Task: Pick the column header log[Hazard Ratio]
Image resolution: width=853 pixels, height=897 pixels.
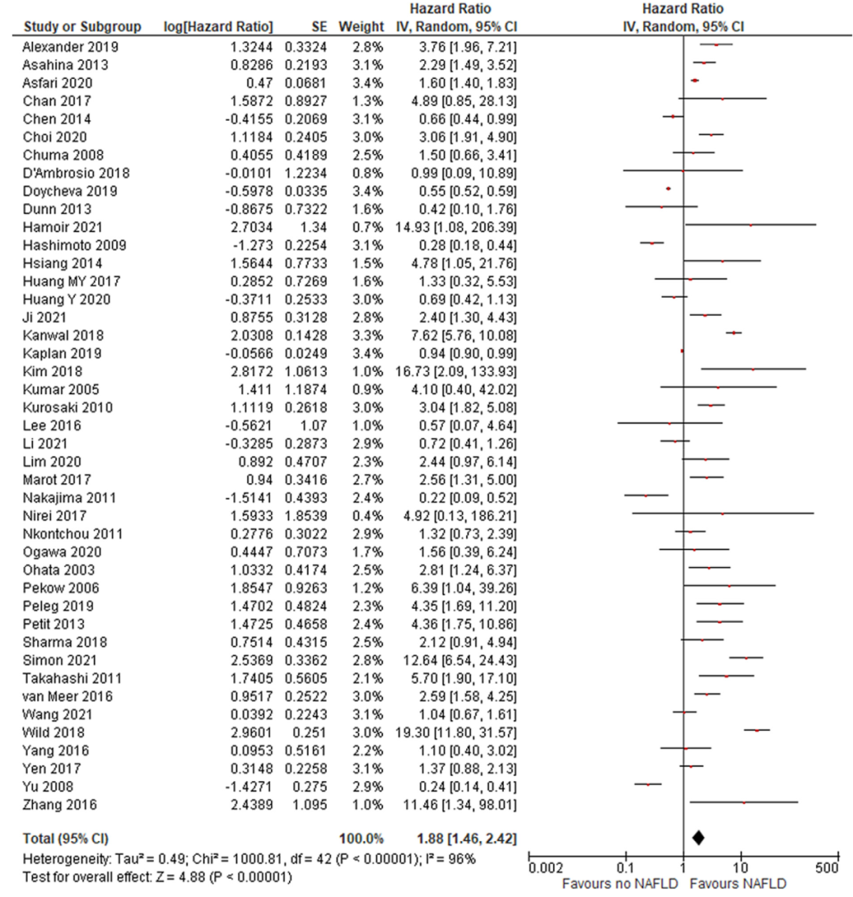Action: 218,28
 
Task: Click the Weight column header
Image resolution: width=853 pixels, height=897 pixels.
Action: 361,28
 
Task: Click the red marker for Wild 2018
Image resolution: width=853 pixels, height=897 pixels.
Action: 757,730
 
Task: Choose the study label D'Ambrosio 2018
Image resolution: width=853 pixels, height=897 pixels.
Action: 76,173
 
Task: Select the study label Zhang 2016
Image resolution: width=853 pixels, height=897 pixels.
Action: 59,805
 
